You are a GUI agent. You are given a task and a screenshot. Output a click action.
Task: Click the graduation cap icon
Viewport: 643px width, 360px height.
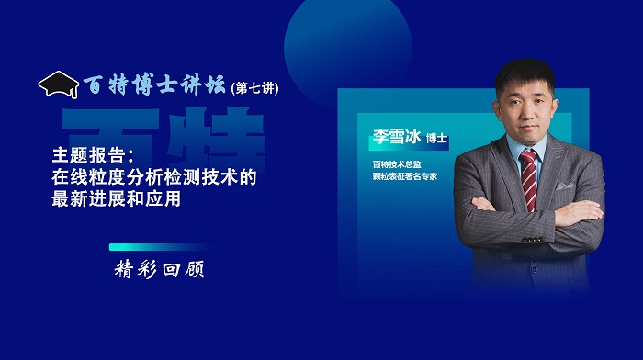pos(57,84)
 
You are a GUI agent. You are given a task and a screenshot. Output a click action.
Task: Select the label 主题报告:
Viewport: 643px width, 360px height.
pos(94,156)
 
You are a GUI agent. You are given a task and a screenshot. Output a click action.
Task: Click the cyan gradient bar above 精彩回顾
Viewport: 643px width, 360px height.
pos(161,247)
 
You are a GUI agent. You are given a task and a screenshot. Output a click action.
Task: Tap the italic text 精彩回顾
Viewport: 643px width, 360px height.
pos(160,270)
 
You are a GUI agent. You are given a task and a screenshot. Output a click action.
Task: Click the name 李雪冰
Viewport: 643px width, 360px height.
pos(397,138)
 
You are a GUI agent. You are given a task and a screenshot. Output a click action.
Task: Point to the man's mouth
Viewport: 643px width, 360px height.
pos(527,121)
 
